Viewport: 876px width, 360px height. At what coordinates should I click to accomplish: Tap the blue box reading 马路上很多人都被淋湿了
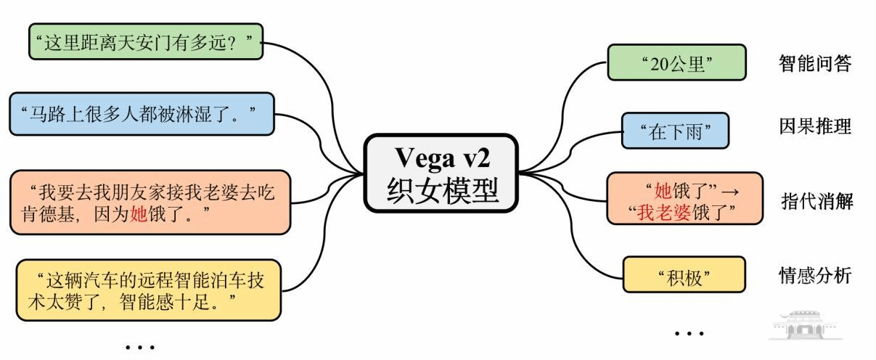[x=142, y=113]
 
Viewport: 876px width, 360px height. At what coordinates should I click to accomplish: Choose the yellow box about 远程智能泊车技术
[x=148, y=289]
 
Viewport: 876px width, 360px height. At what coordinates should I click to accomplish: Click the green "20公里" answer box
[x=676, y=62]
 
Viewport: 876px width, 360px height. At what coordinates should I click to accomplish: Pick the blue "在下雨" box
[x=674, y=131]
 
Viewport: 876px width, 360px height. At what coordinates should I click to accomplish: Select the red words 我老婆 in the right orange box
[x=663, y=212]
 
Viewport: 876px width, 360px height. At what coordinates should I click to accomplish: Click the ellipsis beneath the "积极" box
[x=689, y=333]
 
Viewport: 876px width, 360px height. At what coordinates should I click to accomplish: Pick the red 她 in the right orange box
[x=662, y=192]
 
